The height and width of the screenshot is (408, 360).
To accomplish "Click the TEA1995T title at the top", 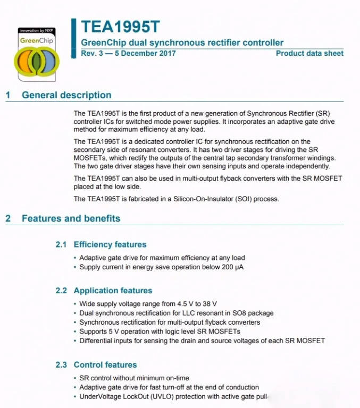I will point(120,27).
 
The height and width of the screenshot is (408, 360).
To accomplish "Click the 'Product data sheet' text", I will point(309,53).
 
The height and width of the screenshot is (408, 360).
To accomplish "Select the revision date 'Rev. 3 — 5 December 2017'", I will point(128,53).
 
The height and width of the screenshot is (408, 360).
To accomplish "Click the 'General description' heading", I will point(66,95).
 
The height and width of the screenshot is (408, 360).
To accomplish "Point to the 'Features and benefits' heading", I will point(71,218).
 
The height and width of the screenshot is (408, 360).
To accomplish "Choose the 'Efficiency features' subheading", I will point(110,244).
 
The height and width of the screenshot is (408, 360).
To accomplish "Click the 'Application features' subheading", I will point(113,291).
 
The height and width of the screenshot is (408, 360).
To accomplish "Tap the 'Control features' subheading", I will point(105,365).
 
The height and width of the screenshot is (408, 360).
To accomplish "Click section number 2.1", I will point(61,244).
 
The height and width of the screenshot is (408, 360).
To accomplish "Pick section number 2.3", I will point(61,365).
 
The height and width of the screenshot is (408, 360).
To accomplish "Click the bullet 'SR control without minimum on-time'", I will point(134,378).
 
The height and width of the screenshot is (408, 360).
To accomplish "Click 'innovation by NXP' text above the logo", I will point(36,31).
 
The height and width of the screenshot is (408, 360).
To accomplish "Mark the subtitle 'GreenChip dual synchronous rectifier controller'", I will point(182,42).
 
